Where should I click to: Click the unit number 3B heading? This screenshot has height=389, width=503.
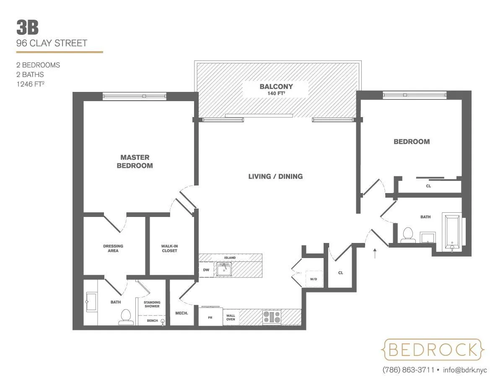coord(28,28)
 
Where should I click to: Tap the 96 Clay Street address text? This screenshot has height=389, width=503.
coord(52,43)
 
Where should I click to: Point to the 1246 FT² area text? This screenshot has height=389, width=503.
coord(32,84)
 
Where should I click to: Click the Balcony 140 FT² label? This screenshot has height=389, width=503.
coord(276,89)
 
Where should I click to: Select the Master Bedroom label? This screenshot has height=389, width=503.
coord(135,162)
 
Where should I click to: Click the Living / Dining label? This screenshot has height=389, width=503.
coord(275,176)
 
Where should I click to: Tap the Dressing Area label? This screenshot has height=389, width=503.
coord(113,248)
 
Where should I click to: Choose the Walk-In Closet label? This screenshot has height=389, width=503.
coord(169,248)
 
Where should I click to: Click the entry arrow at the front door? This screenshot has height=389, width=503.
coord(375,252)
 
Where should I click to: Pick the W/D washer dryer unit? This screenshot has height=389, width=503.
coord(314,279)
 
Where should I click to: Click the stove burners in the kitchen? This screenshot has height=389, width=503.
coord(272,317)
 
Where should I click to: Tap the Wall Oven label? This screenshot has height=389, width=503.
coord(231,317)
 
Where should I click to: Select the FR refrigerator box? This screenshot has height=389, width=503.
coord(210,318)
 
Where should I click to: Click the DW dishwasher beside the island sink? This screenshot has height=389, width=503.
coord(206,270)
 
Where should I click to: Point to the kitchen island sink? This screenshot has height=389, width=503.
coord(224,269)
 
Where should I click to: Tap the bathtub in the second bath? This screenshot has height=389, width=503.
coord(452,232)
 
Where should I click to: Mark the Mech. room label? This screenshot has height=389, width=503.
coord(181,313)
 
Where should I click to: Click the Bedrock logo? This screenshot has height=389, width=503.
coord(433,349)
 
